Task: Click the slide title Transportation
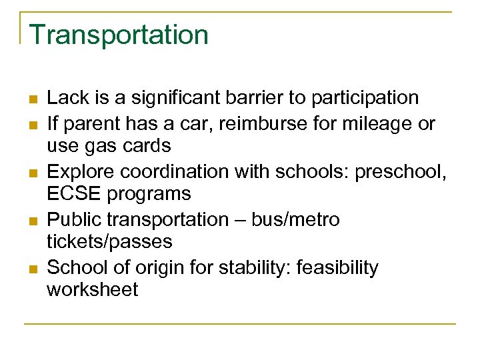point(119,35)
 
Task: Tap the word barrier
point(256,98)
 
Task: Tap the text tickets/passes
point(109,241)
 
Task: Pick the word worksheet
point(92,289)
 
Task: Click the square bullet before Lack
point(31,99)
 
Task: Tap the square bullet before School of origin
point(31,269)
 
